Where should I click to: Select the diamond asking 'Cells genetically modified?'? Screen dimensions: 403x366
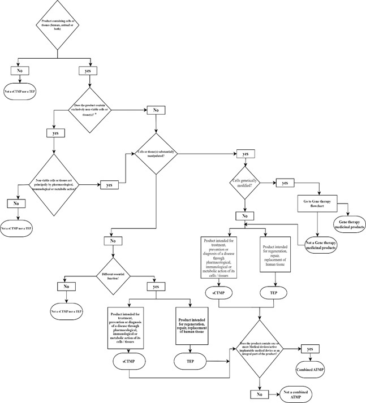(x=245, y=184)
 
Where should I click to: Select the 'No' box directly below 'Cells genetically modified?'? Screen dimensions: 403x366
(x=245, y=215)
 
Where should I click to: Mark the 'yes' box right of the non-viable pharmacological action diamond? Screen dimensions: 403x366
(x=109, y=184)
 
